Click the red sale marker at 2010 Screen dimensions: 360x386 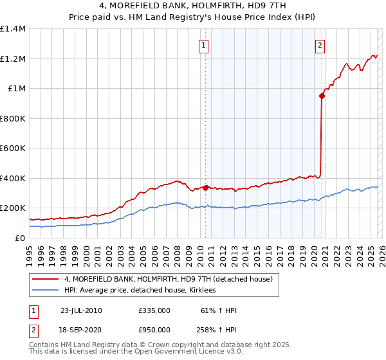206,188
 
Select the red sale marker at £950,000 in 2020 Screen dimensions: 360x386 321,96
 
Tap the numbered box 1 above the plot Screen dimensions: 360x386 204,45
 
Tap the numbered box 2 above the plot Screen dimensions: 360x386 320,45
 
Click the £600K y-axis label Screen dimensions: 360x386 13,148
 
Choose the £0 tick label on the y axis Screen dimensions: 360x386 19,238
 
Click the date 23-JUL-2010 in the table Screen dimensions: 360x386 81,310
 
